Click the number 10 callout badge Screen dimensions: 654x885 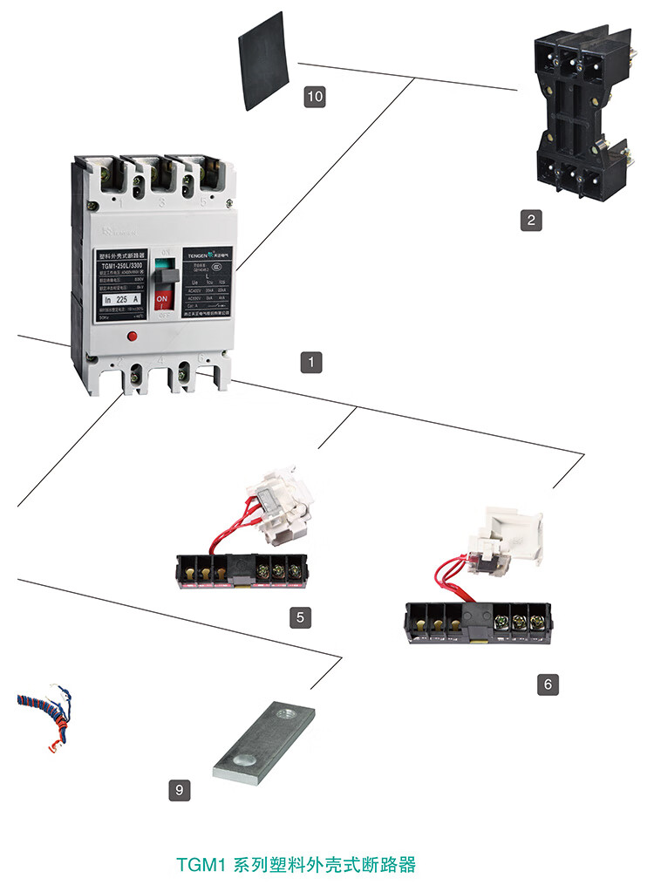click(315, 96)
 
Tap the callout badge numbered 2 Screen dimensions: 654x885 click(530, 219)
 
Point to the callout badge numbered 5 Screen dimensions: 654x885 click(301, 617)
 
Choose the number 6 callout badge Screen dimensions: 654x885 click(548, 684)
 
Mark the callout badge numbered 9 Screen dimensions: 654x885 click(179, 790)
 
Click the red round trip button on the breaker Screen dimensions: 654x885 click(133, 337)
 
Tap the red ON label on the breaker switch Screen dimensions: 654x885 click(161, 300)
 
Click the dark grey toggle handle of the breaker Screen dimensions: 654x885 click(163, 273)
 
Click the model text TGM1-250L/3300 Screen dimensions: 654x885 click(118, 266)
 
